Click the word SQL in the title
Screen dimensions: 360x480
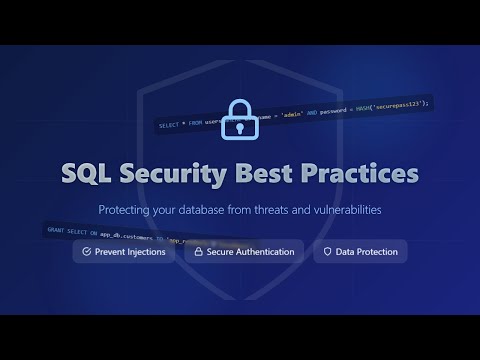[88, 173]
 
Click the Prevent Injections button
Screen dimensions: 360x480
[125, 252]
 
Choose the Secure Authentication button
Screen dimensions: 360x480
[244, 252]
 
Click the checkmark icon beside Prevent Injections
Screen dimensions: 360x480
[87, 252]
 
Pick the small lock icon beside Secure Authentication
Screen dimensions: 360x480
[198, 252]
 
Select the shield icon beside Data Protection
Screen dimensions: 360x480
[328, 252]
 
